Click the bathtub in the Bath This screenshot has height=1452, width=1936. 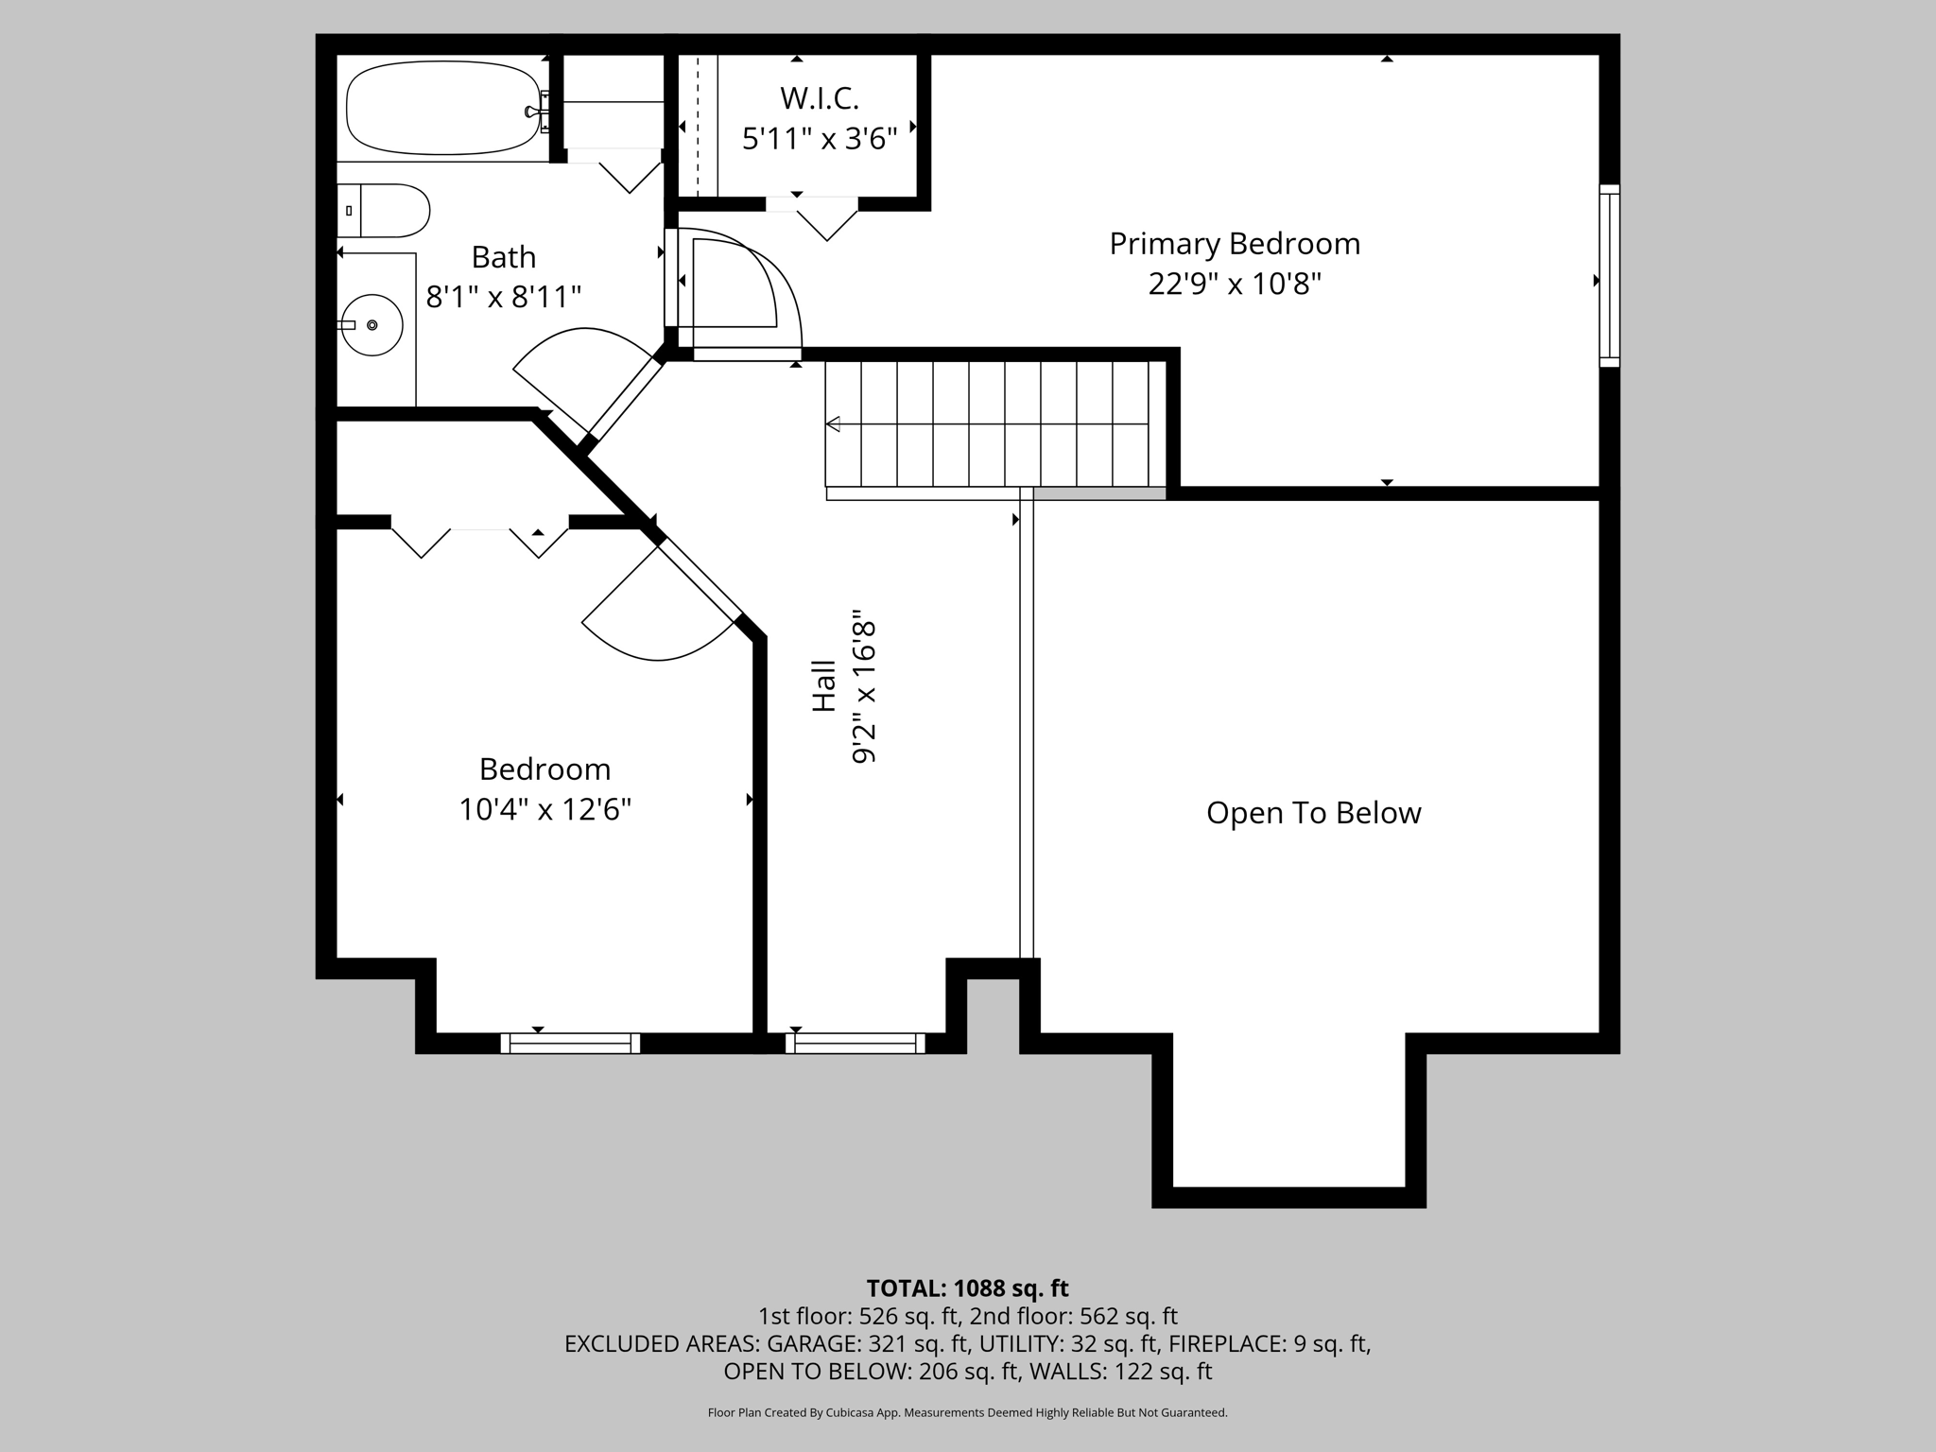click(x=442, y=108)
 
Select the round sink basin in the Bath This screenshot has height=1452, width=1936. click(x=372, y=324)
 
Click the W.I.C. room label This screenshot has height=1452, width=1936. click(x=819, y=98)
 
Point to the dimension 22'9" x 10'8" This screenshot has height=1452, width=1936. click(x=1235, y=284)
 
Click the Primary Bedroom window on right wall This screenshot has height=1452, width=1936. click(x=1609, y=275)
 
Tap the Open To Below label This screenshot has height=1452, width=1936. click(x=1313, y=813)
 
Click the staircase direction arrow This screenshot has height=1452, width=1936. click(x=834, y=424)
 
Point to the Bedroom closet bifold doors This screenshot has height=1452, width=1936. click(x=480, y=541)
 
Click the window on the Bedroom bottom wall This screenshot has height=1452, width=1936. click(x=570, y=1043)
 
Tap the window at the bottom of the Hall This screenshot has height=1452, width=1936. click(x=855, y=1043)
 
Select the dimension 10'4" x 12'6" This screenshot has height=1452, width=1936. click(x=544, y=810)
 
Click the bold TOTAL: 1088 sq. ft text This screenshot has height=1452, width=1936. click(x=967, y=1288)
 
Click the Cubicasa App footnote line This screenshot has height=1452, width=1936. click(x=967, y=1413)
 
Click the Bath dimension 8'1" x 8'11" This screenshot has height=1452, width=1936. click(x=503, y=298)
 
